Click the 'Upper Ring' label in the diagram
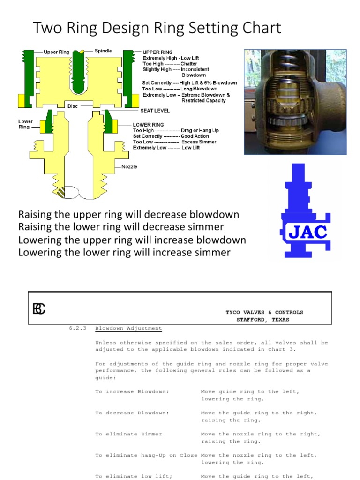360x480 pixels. (56, 52)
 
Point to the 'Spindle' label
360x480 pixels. (103, 51)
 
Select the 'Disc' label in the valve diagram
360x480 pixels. (72, 106)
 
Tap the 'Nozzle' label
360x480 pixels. (129, 167)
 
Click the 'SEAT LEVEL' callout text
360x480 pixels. (155, 111)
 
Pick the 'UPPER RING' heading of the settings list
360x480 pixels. (157, 52)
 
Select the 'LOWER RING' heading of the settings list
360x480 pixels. (148, 125)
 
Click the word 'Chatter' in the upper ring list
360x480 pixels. (188, 64)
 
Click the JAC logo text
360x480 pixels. (308, 232)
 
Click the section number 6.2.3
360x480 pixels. (78, 328)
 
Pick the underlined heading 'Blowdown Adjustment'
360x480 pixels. (128, 328)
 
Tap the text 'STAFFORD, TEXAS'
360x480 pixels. (262, 320)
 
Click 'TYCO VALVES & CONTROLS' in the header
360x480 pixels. (264, 312)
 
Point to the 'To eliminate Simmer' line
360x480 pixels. (128, 434)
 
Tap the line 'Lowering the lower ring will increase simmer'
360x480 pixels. (124, 253)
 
